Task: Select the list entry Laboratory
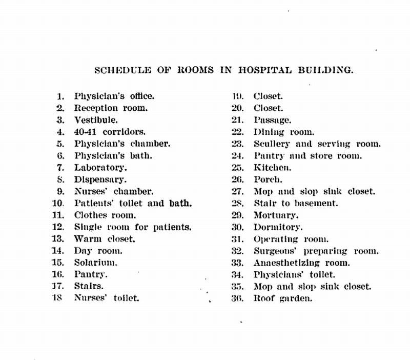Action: click(x=100, y=168)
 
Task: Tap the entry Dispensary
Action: click(x=100, y=179)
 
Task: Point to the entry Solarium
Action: click(x=96, y=263)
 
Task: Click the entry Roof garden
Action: click(x=282, y=298)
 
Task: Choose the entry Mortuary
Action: click(x=276, y=215)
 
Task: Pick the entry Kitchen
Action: click(x=273, y=168)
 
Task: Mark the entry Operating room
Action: click(x=291, y=239)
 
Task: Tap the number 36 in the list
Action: click(x=237, y=298)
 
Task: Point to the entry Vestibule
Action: click(x=96, y=120)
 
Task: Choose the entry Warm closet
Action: click(x=105, y=239)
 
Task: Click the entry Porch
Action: click(x=268, y=179)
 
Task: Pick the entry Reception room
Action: click(x=111, y=108)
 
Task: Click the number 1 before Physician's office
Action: click(x=61, y=96)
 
